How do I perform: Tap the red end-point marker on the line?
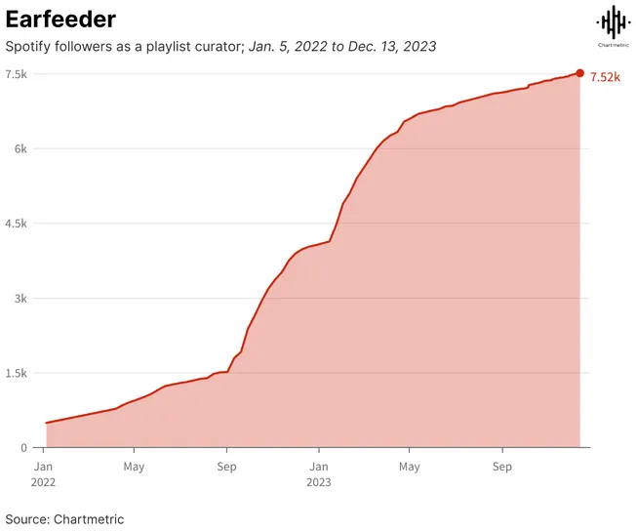click(x=580, y=73)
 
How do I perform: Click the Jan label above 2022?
click(x=43, y=467)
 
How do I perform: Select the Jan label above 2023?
click(x=318, y=467)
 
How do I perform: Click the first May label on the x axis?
click(x=135, y=467)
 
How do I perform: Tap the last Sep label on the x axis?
click(x=502, y=467)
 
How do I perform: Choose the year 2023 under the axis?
click(x=319, y=482)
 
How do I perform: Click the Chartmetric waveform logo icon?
click(x=613, y=21)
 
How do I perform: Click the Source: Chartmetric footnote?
click(x=64, y=519)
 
